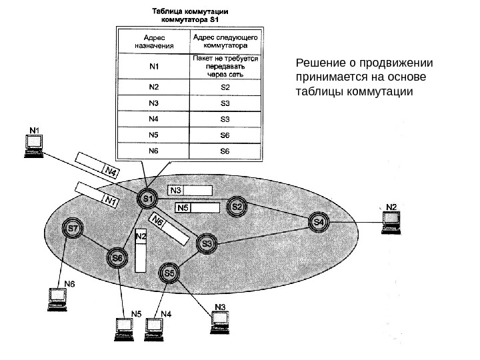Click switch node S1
[x=147, y=199]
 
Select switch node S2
[x=237, y=207]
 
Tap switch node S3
[x=207, y=245]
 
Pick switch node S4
[x=319, y=221]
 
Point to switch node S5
[x=170, y=273]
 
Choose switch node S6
[x=117, y=257]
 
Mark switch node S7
[x=73, y=229]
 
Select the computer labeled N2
[x=391, y=222]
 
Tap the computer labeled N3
[x=219, y=323]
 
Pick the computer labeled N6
[x=57, y=299]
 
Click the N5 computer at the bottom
[x=124, y=328]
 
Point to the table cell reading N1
[x=153, y=67]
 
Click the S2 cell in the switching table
[x=224, y=87]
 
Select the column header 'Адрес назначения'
[x=153, y=41]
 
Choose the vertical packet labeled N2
[x=140, y=251]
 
